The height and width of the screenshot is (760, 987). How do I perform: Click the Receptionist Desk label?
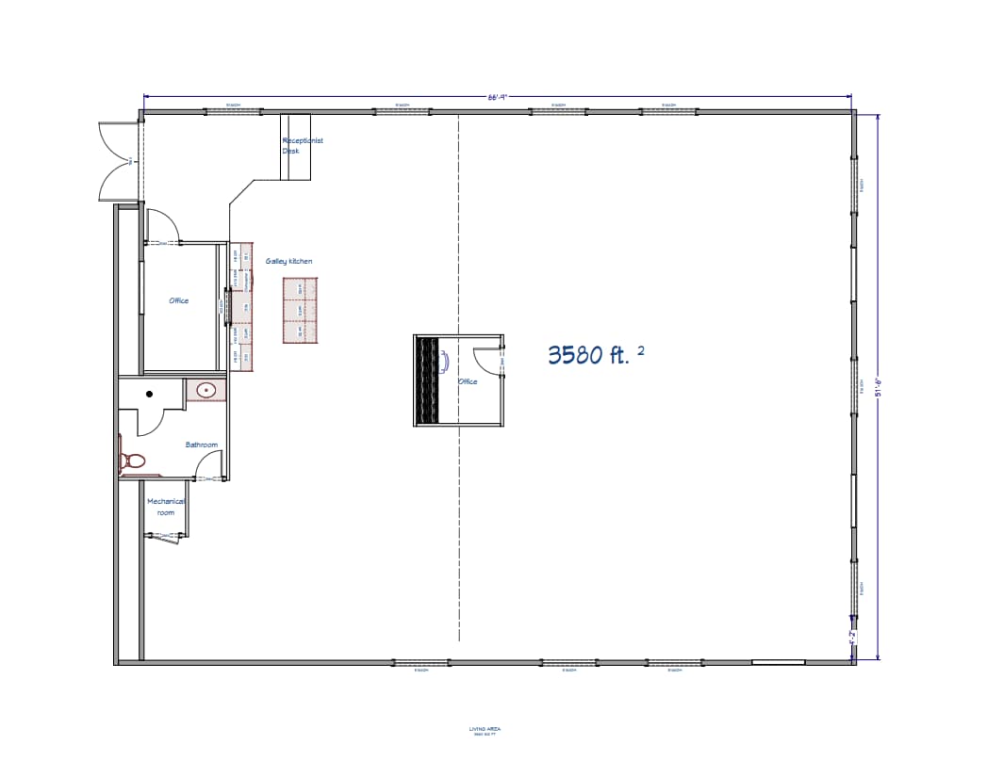(302, 145)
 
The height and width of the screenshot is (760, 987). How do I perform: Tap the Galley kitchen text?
(288, 261)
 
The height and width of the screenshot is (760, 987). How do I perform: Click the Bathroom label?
(201, 445)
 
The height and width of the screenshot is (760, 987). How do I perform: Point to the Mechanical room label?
(166, 507)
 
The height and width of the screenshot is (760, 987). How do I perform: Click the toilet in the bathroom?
(131, 461)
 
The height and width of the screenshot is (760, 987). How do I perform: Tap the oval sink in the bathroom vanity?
(206, 389)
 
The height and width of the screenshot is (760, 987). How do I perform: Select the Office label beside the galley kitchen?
(178, 300)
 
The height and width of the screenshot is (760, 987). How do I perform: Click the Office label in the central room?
(468, 381)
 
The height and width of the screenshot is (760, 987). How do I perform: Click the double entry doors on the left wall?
(119, 162)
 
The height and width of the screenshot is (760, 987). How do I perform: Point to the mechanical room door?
(170, 536)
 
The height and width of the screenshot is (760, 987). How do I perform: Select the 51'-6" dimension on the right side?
(879, 387)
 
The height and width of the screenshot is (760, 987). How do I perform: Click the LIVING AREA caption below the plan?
(485, 731)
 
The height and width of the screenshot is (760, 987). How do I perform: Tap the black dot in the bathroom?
(149, 394)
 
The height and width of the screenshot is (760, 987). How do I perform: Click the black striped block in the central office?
(428, 380)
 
